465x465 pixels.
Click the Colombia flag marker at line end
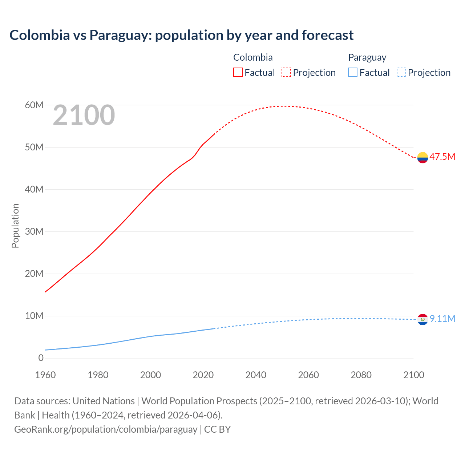click(422, 158)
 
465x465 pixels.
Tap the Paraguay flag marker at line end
click(422, 319)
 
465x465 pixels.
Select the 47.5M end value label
click(442, 157)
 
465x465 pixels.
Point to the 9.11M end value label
click(442, 319)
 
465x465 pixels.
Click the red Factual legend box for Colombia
click(238, 72)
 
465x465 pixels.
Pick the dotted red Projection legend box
click(286, 72)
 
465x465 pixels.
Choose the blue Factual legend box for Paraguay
click(353, 72)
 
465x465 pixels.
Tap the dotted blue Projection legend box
click(401, 72)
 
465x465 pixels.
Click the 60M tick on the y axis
click(34, 105)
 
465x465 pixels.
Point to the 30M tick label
click(34, 231)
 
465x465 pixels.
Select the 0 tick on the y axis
click(41, 358)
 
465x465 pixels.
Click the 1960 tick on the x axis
click(45, 375)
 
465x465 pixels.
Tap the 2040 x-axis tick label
click(256, 375)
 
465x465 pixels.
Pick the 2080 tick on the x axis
click(361, 375)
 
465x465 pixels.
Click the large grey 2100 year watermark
click(84, 115)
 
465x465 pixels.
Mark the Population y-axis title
click(15, 226)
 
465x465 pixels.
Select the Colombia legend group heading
click(253, 57)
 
